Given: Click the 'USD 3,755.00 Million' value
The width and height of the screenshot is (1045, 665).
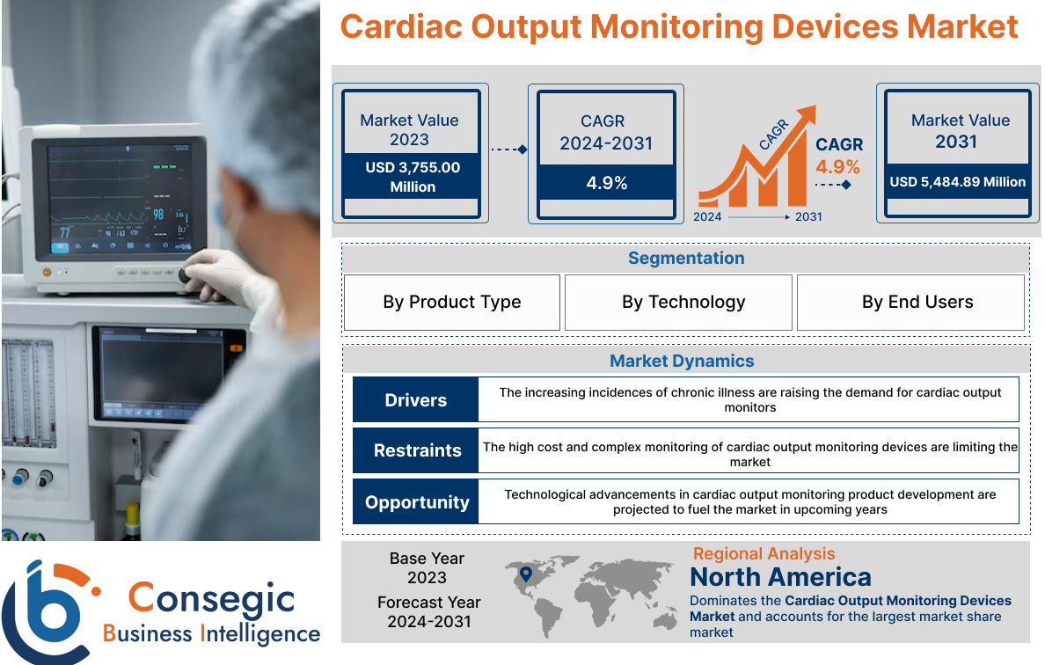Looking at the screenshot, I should (412, 177).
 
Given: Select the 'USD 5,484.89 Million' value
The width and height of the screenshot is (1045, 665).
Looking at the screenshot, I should (957, 182).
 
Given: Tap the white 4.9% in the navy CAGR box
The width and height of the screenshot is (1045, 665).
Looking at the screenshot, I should (606, 183).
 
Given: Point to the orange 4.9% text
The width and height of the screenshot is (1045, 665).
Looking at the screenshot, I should (838, 167).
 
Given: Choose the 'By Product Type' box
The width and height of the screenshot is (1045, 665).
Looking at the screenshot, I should (451, 303).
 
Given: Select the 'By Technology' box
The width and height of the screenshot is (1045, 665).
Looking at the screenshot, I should (683, 303).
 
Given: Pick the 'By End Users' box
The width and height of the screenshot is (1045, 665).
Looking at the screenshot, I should (917, 303).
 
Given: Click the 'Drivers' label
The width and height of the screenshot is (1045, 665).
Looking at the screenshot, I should (415, 400).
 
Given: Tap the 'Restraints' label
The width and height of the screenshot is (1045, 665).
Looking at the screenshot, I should (417, 450).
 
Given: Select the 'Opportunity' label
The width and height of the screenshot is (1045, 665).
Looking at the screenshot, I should (417, 502).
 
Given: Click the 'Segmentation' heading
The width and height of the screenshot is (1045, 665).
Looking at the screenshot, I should (685, 258).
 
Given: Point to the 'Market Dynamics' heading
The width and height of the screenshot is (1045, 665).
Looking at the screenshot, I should (682, 361).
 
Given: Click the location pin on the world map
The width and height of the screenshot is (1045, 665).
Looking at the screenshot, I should (526, 574).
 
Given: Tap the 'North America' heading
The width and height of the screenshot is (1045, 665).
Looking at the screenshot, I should (780, 577).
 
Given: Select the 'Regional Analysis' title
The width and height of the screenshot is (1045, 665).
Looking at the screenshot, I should (764, 553).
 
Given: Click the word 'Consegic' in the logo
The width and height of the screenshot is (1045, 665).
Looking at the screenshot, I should (211, 598).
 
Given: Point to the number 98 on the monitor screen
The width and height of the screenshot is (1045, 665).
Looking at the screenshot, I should (158, 214).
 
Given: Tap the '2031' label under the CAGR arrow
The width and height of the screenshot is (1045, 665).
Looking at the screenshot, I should (808, 216).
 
